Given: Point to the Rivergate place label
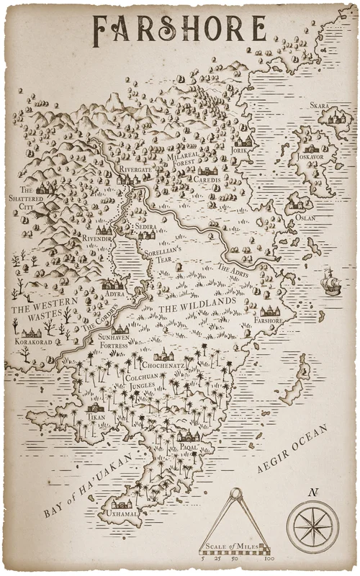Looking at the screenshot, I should pos(135,170).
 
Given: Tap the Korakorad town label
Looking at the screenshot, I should pos(32,343).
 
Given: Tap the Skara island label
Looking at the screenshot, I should pos(320,106).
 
